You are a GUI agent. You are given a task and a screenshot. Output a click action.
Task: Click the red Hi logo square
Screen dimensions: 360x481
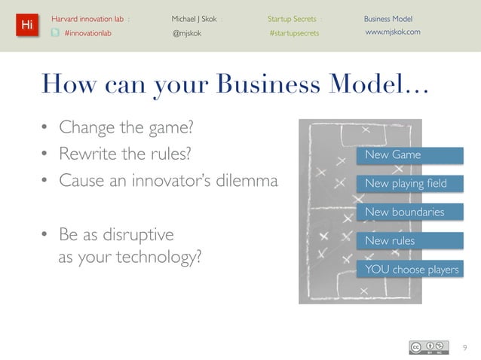click(x=26, y=25)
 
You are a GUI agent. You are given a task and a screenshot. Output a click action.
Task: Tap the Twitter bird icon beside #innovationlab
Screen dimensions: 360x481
click(x=55, y=32)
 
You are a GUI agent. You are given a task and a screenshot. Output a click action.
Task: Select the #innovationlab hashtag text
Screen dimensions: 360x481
click(x=87, y=32)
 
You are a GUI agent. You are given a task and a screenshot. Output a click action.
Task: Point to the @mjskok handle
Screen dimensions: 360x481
click(x=187, y=32)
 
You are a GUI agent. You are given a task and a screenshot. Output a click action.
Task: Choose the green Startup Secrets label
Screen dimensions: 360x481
click(x=292, y=18)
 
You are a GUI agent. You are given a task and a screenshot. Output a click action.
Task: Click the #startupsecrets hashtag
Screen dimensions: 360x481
click(x=294, y=32)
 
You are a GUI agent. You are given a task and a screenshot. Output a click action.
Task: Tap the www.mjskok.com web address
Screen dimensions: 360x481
click(x=392, y=32)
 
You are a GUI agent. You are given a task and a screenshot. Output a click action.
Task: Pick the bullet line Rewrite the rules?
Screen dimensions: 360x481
click(x=125, y=154)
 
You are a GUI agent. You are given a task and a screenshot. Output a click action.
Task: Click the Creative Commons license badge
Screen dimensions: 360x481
click(x=430, y=347)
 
